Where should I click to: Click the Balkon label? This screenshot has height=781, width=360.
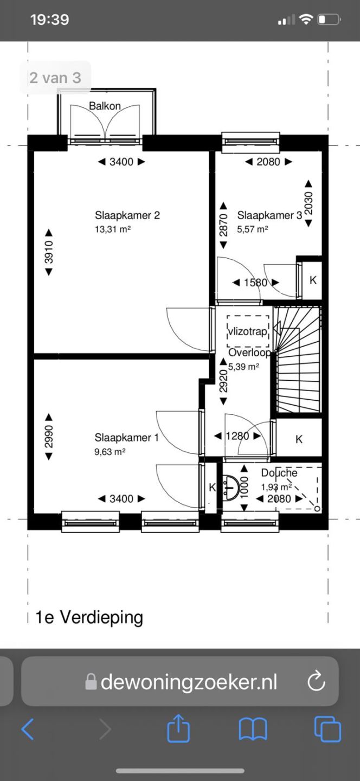105,106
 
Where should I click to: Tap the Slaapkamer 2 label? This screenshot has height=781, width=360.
127,215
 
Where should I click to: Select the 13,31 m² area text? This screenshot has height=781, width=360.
113,229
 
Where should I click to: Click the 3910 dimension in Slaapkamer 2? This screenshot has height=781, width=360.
49,252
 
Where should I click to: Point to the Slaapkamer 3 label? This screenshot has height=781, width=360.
270,215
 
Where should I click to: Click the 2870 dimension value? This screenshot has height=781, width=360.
223,225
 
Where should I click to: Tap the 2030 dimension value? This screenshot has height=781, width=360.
309,203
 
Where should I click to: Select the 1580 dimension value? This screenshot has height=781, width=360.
256,283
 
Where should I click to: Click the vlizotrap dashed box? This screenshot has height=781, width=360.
248,327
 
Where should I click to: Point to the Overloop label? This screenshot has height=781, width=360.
249,353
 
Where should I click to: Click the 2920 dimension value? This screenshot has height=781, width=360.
223,381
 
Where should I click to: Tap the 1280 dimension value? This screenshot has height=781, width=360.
237,436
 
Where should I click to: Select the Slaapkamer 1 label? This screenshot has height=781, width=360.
126,438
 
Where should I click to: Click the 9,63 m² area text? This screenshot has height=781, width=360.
110,452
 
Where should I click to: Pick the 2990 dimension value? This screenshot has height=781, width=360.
49,437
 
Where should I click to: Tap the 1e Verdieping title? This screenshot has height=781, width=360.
89,617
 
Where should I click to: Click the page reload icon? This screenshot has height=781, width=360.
316,681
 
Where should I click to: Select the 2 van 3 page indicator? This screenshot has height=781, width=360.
55,78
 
